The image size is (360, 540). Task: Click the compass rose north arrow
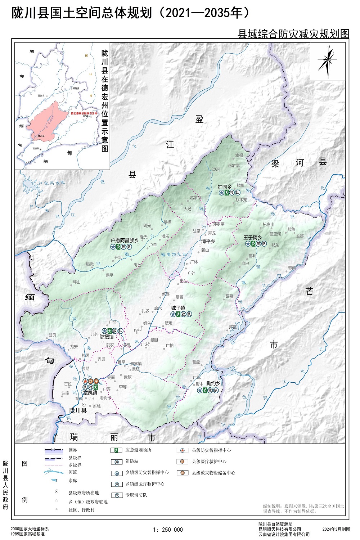(x=328, y=62)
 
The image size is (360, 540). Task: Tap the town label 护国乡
(x=225, y=187)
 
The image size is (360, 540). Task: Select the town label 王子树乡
(x=252, y=238)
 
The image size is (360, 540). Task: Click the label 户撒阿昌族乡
(x=125, y=240)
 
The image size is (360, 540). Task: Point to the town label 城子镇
(x=178, y=308)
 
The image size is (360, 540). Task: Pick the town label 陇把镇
(x=107, y=337)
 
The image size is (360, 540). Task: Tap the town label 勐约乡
(x=213, y=383)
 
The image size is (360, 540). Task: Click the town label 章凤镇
(x=90, y=393)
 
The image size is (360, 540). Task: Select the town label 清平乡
(x=208, y=241)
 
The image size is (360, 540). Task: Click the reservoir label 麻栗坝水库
(x=174, y=254)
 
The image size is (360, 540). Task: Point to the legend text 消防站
(x=132, y=461)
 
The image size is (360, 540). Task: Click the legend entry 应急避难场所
(x=138, y=450)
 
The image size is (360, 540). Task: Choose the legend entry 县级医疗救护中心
(x=209, y=462)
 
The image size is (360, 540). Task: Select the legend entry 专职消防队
(x=136, y=495)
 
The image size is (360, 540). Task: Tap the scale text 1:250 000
(x=168, y=530)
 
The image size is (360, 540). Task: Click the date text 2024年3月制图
(x=336, y=529)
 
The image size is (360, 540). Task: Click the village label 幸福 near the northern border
(x=239, y=156)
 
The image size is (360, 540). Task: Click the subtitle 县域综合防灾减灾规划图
(x=293, y=34)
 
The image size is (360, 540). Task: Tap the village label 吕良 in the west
(x=53, y=335)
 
